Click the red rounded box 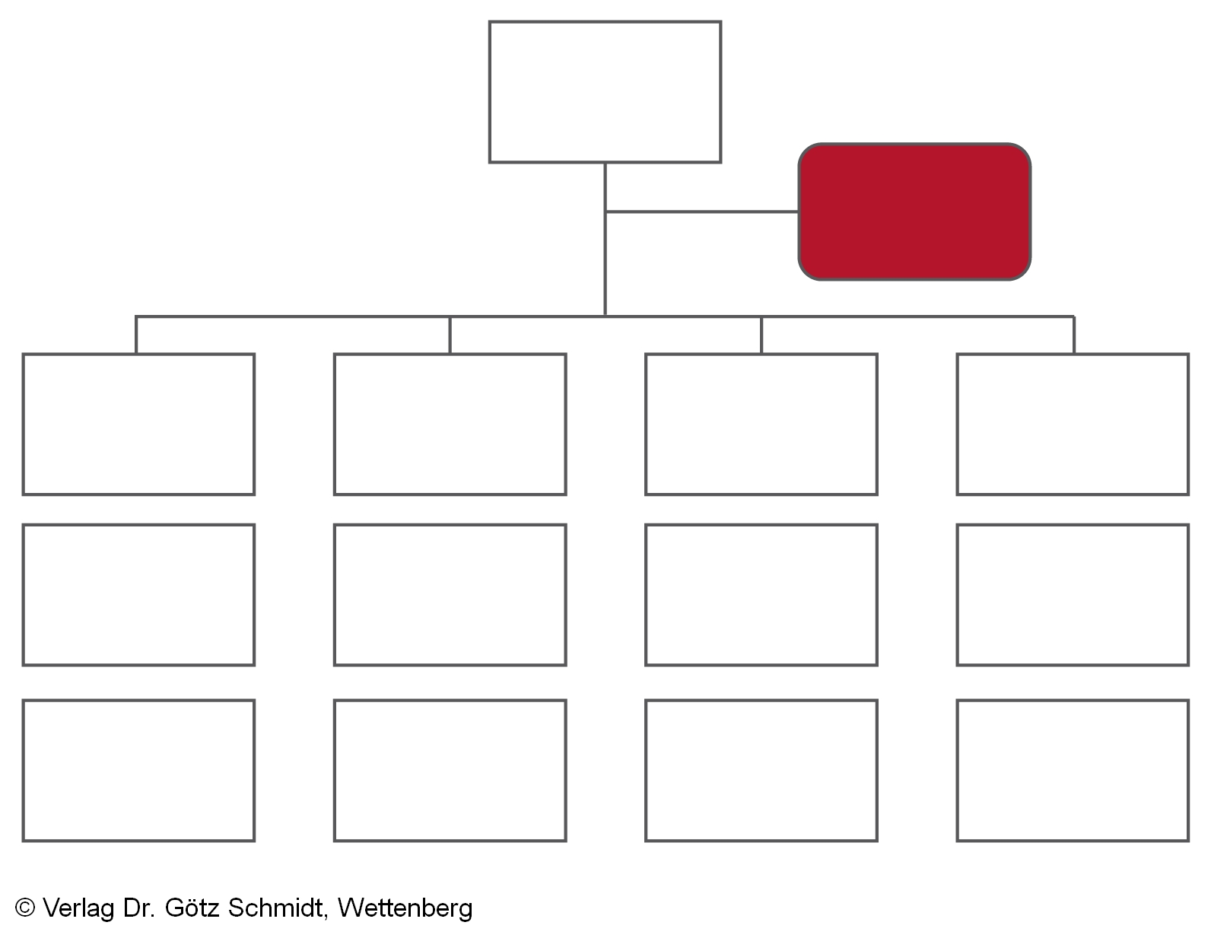coord(914,211)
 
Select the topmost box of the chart coord(605,92)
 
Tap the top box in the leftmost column coord(138,424)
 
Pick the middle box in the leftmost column coord(138,595)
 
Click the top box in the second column coord(450,424)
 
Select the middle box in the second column coord(450,595)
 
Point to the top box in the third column coord(761,424)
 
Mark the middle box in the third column coord(761,595)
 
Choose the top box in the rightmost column coord(1073,424)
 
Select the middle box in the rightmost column coord(1073,595)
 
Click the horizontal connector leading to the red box coord(702,211)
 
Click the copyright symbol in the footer coord(25,908)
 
